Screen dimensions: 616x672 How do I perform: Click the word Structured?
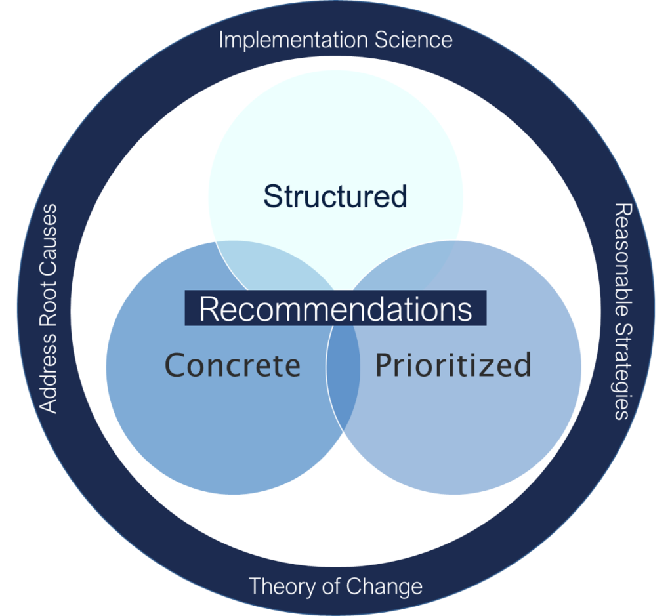point(335,196)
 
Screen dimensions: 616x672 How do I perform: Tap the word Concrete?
point(232,365)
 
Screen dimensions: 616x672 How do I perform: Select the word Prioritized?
point(453,365)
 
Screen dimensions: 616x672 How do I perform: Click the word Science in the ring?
point(413,40)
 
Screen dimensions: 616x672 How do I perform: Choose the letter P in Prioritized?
point(383,365)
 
